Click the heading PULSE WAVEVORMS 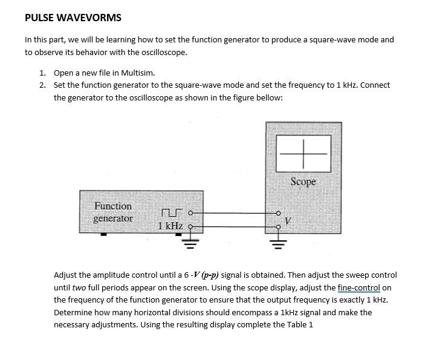click(73, 18)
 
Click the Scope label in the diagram click(303, 182)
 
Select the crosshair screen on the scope click(303, 154)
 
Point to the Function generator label click(113, 212)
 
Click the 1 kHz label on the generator click(170, 226)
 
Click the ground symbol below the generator click(191, 243)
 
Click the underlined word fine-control click(359, 287)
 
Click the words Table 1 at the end click(300, 325)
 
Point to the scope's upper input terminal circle click(278, 213)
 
